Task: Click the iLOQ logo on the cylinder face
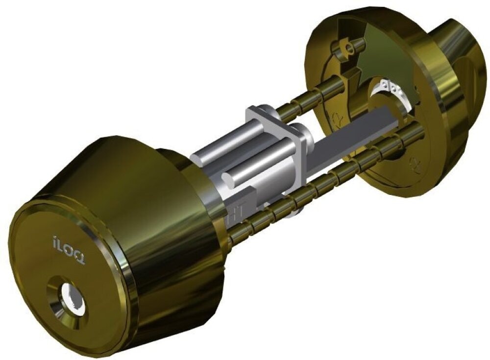[69, 251]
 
